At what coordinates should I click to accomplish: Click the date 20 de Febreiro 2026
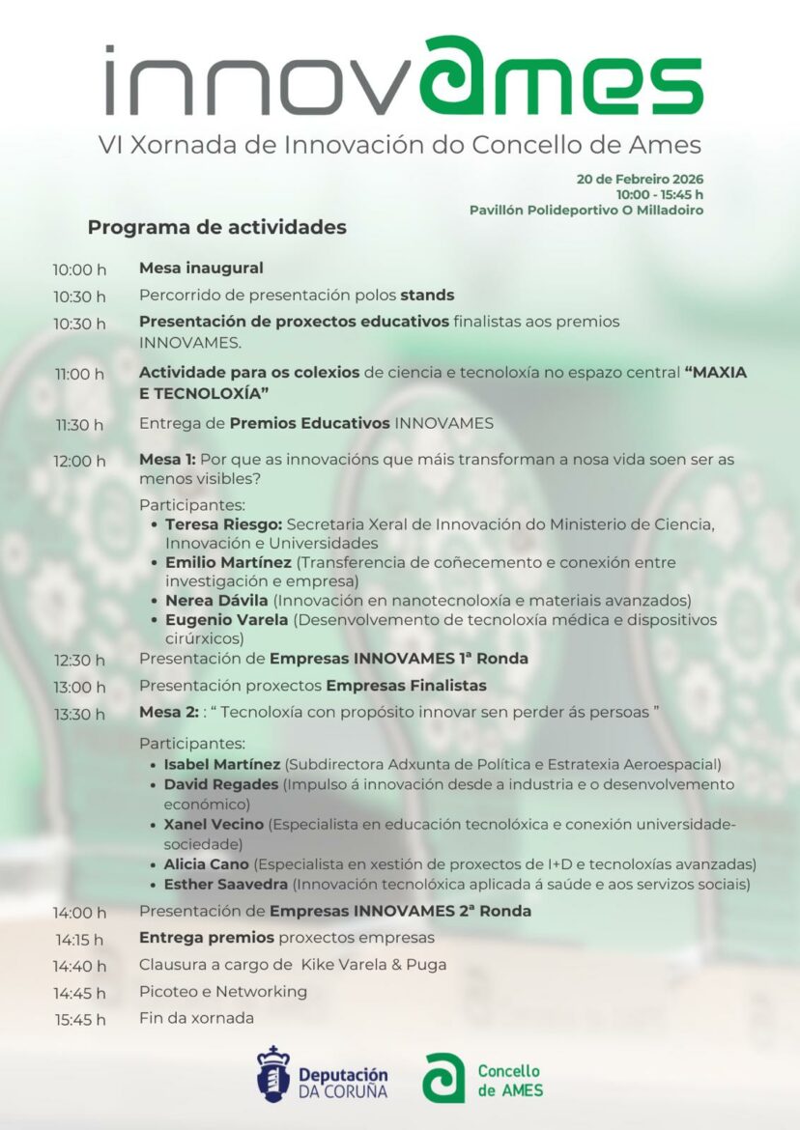(640, 179)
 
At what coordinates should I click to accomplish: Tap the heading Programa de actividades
(216, 228)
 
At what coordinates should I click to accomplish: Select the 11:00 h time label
(80, 374)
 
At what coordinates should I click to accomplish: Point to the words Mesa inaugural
(201, 268)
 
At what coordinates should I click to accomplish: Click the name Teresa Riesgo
(223, 524)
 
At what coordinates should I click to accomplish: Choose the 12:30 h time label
(80, 661)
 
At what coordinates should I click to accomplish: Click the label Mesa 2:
(168, 714)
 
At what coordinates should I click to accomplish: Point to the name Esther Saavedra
(226, 884)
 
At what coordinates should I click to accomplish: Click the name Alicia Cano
(206, 864)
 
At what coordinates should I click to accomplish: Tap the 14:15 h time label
(80, 939)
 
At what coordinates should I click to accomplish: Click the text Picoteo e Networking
(223, 992)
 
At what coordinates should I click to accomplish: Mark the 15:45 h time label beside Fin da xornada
(80, 1019)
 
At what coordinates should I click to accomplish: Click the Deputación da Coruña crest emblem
(273, 1074)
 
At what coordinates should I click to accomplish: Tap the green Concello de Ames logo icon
(443, 1077)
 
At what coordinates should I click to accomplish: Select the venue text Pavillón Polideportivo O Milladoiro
(586, 210)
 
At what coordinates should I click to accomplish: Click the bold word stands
(427, 296)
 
